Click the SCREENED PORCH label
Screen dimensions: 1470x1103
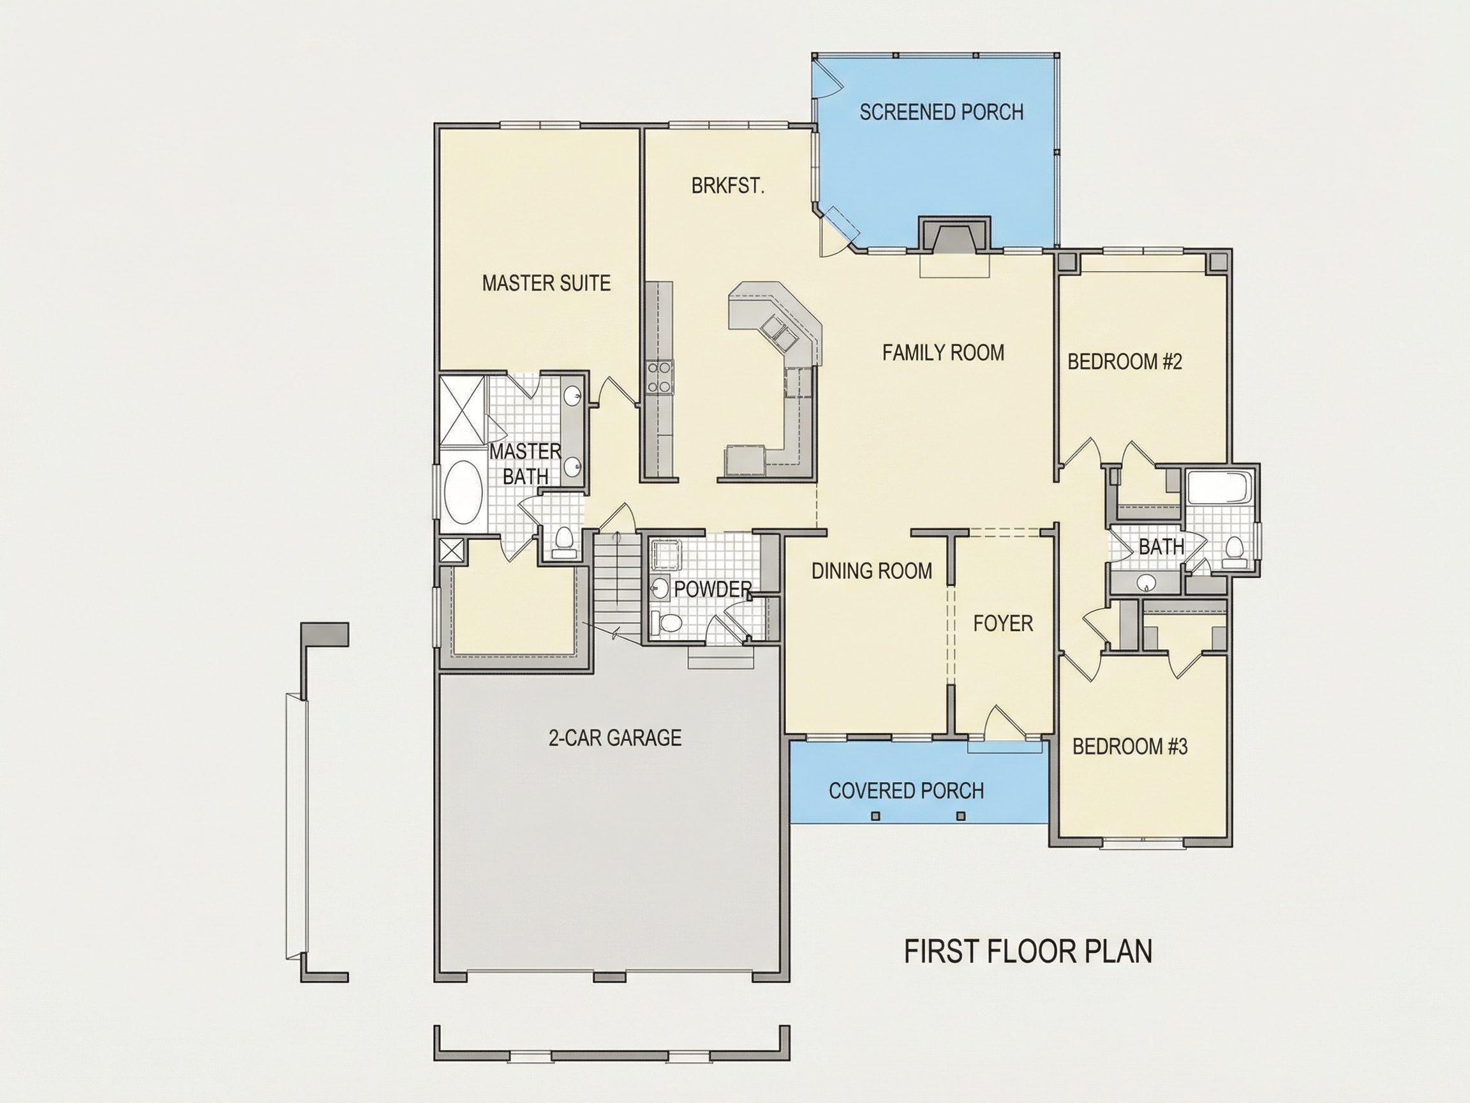pyautogui.click(x=941, y=112)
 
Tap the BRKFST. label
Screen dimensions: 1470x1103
pyautogui.click(x=728, y=186)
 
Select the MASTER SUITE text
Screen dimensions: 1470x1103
pyautogui.click(x=546, y=283)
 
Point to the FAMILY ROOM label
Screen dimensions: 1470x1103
pyautogui.click(x=943, y=352)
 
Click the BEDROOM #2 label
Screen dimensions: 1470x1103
pyautogui.click(x=1124, y=362)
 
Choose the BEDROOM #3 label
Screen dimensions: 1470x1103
pyautogui.click(x=1130, y=747)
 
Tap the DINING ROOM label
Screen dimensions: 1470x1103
pyautogui.click(x=872, y=571)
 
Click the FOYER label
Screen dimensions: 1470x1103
pyautogui.click(x=1003, y=623)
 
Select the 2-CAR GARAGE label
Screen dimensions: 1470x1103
pyautogui.click(x=614, y=737)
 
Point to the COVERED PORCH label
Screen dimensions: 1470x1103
pyautogui.click(x=907, y=790)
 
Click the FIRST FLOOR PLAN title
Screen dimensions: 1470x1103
pyautogui.click(x=1028, y=952)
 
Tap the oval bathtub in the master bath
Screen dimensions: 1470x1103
pyautogui.click(x=463, y=493)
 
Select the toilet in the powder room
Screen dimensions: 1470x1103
pyautogui.click(x=668, y=622)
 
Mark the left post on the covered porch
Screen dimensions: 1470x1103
pyautogui.click(x=875, y=816)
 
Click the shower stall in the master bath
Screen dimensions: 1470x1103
pyautogui.click(x=463, y=409)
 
